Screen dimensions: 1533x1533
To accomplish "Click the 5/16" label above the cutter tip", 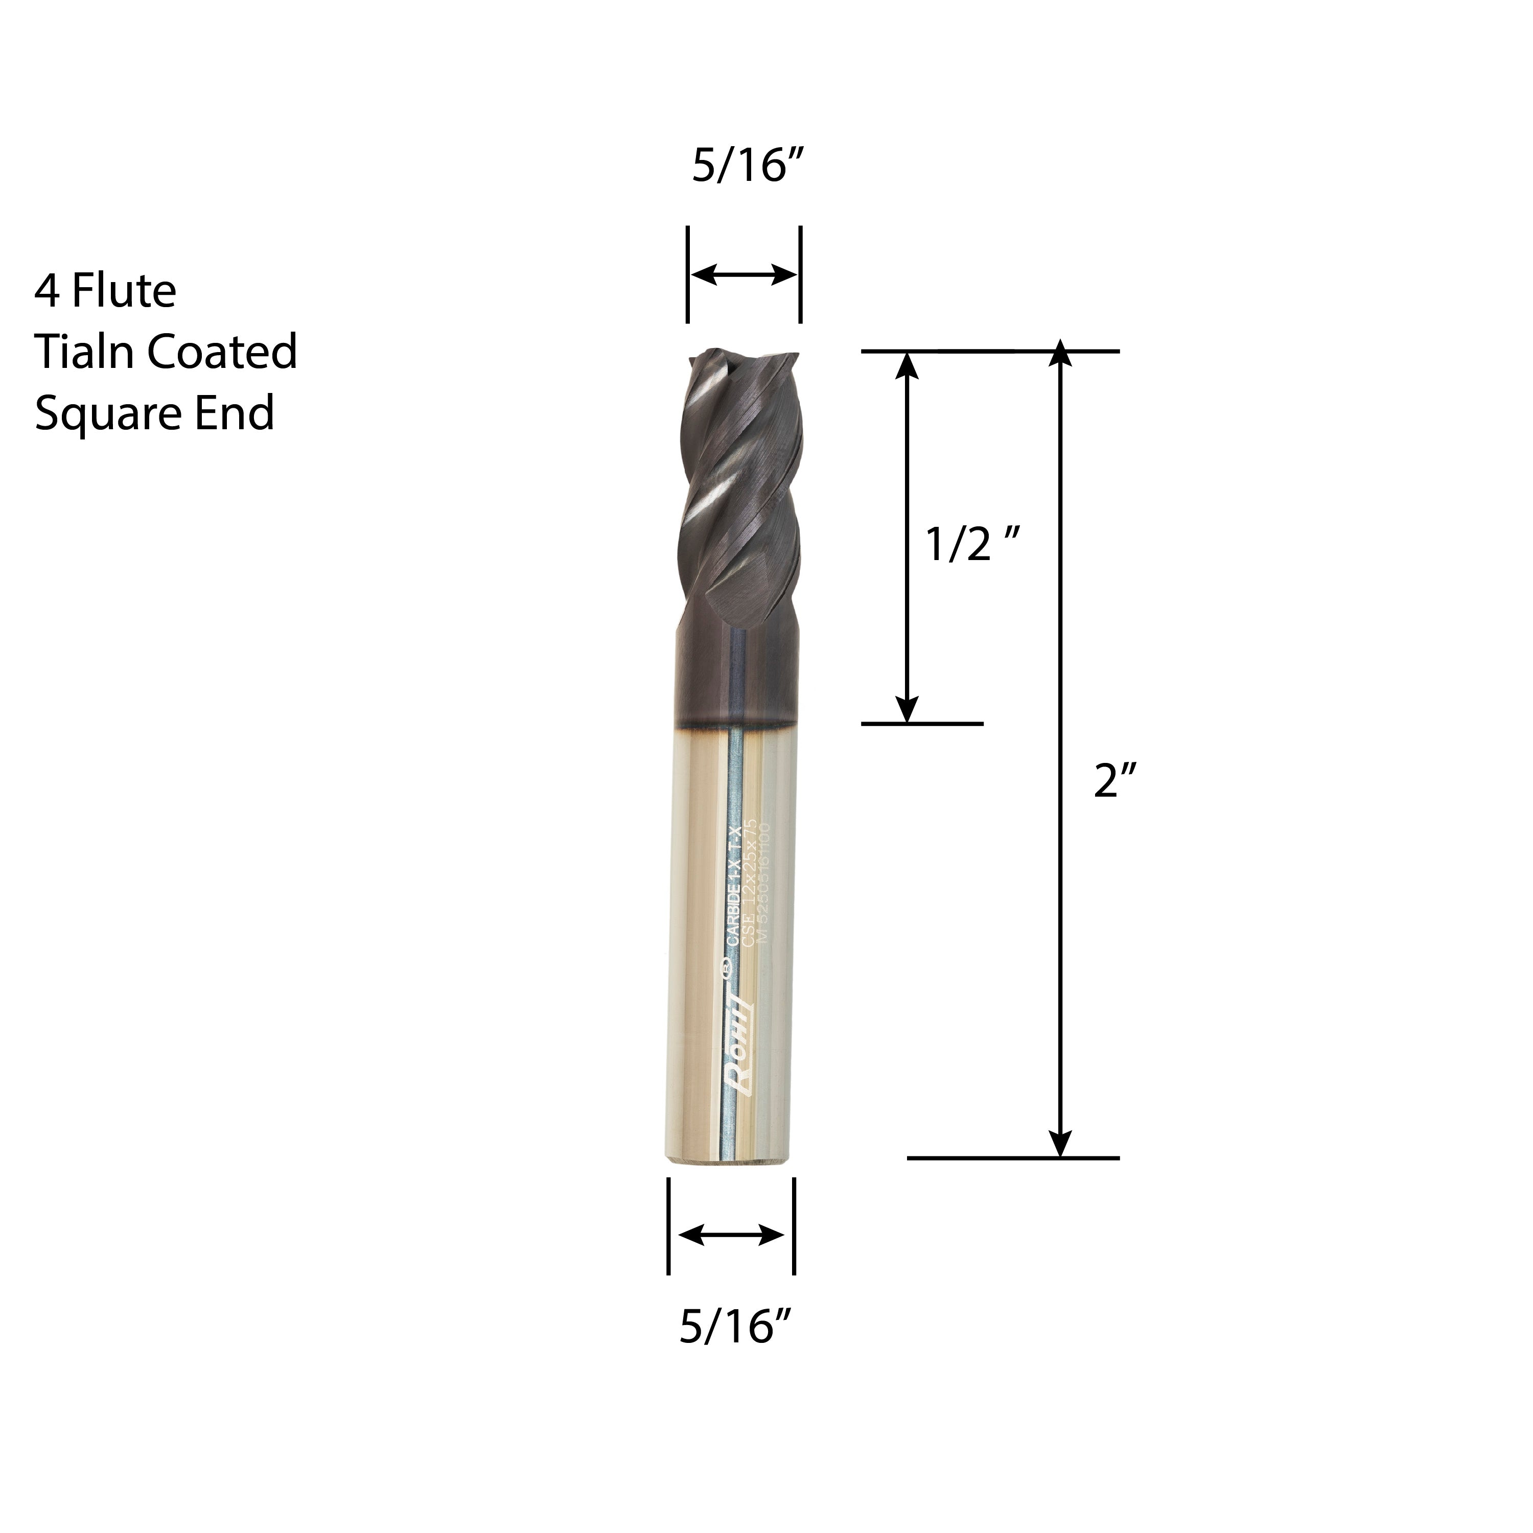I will (x=748, y=168).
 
